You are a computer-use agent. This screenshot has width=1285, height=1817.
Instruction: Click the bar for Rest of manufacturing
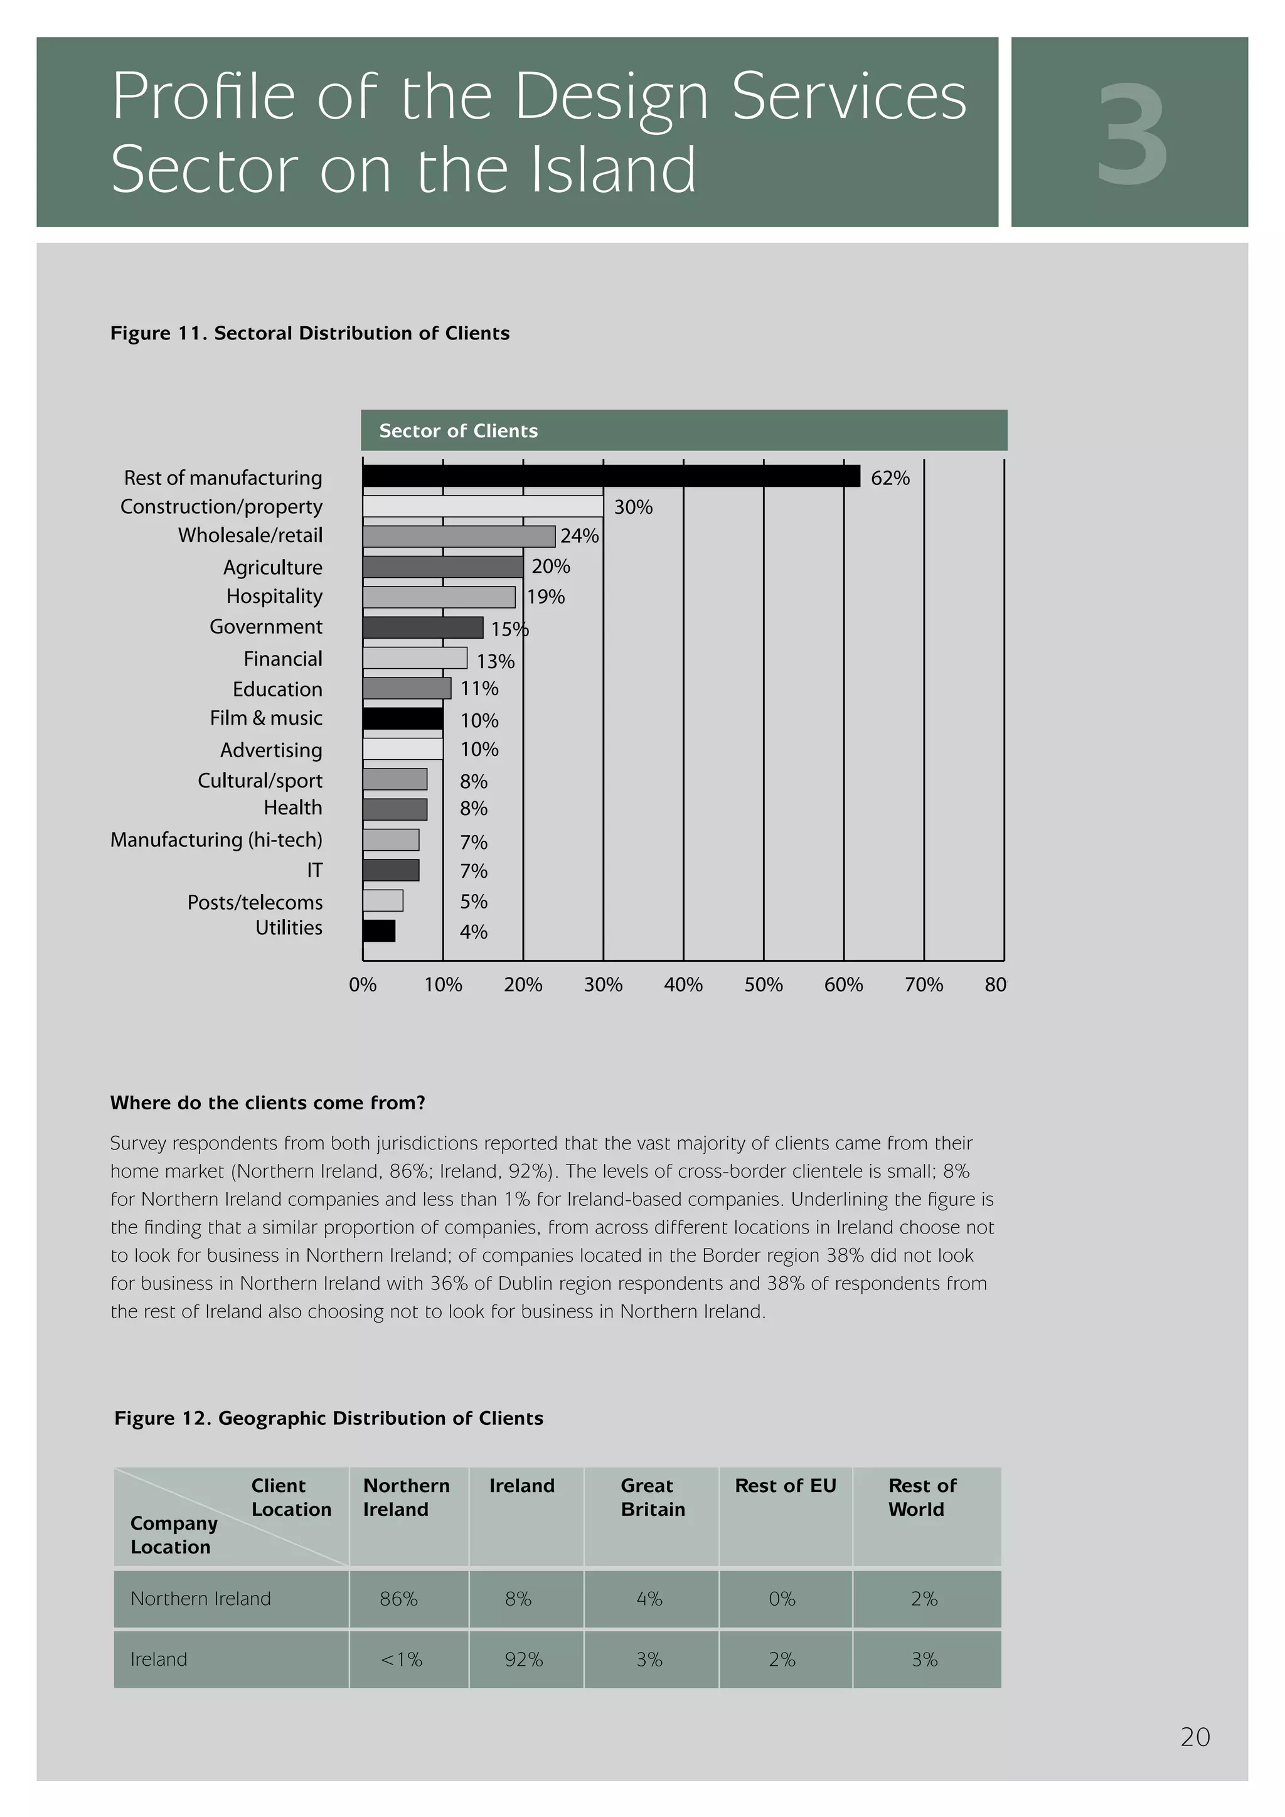pyautogui.click(x=611, y=476)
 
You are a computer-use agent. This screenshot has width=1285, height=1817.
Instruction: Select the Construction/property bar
pyautogui.click(x=483, y=506)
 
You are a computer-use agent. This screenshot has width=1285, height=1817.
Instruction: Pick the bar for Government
pyautogui.click(x=422, y=627)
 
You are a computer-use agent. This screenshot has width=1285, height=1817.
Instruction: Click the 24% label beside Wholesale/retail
pyautogui.click(x=579, y=536)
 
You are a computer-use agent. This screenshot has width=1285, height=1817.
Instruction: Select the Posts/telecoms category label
pyautogui.click(x=255, y=902)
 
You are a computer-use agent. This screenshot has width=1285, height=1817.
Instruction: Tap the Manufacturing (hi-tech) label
pyautogui.click(x=216, y=839)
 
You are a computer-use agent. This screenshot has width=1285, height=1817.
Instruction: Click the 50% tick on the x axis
pyautogui.click(x=763, y=984)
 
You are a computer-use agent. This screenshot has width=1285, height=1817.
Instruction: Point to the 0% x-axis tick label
pyautogui.click(x=363, y=984)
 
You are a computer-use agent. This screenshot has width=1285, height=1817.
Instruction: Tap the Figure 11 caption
pyautogui.click(x=309, y=333)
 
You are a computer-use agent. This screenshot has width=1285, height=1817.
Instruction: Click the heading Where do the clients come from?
pyautogui.click(x=267, y=1102)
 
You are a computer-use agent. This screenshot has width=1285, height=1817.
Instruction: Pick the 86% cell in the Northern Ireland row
pyautogui.click(x=399, y=1599)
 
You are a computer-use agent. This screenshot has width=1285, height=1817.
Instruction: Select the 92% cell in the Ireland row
pyautogui.click(x=524, y=1660)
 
